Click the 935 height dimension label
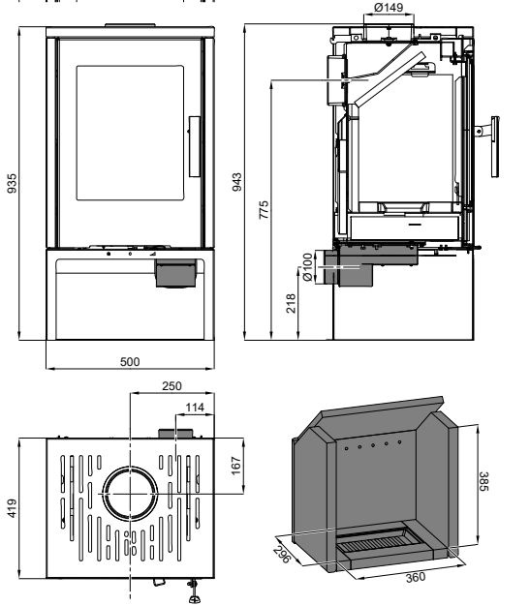pos(13,183)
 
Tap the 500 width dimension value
pos(130,362)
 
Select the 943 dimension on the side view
pos(236,182)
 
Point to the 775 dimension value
pos(264,210)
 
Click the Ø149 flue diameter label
pos(389,7)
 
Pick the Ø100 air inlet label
pos(307,267)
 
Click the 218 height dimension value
pos(291,303)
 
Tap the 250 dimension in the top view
pos(171,385)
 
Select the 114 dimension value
pos(195,408)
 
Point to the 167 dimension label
pos(235,466)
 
